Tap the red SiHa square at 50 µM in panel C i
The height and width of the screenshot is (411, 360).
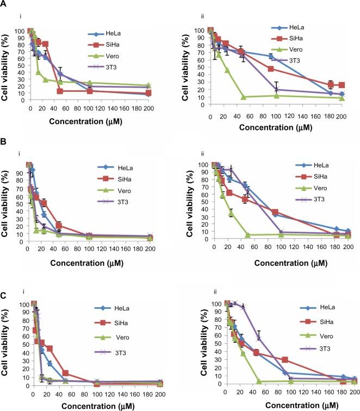coord(65,373)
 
